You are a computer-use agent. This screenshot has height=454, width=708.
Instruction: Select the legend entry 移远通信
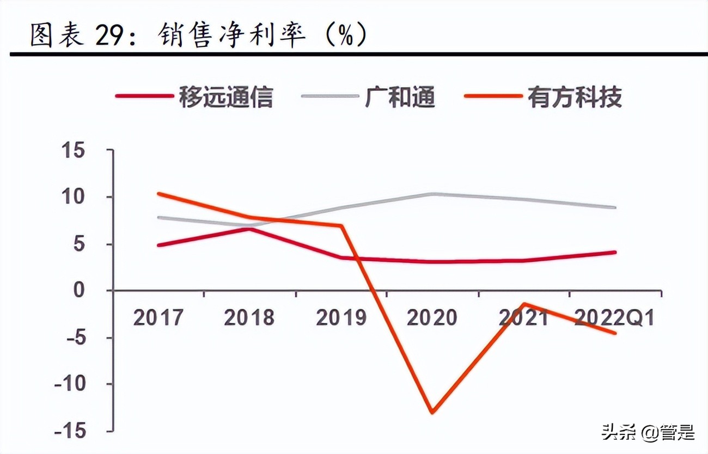[225, 97]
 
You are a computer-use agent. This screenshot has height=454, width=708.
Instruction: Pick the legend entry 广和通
[400, 97]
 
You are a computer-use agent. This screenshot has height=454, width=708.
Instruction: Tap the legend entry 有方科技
[575, 97]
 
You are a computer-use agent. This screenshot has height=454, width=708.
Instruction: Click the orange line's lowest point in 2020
[432, 412]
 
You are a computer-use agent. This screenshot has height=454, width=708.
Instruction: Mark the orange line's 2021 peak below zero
[524, 304]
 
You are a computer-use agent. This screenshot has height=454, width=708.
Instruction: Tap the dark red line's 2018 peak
[249, 228]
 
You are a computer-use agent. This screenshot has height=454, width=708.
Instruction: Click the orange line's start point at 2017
[158, 193]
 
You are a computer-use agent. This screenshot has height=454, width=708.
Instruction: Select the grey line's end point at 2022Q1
[615, 207]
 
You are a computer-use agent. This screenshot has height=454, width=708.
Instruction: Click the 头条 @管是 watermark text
[648, 433]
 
